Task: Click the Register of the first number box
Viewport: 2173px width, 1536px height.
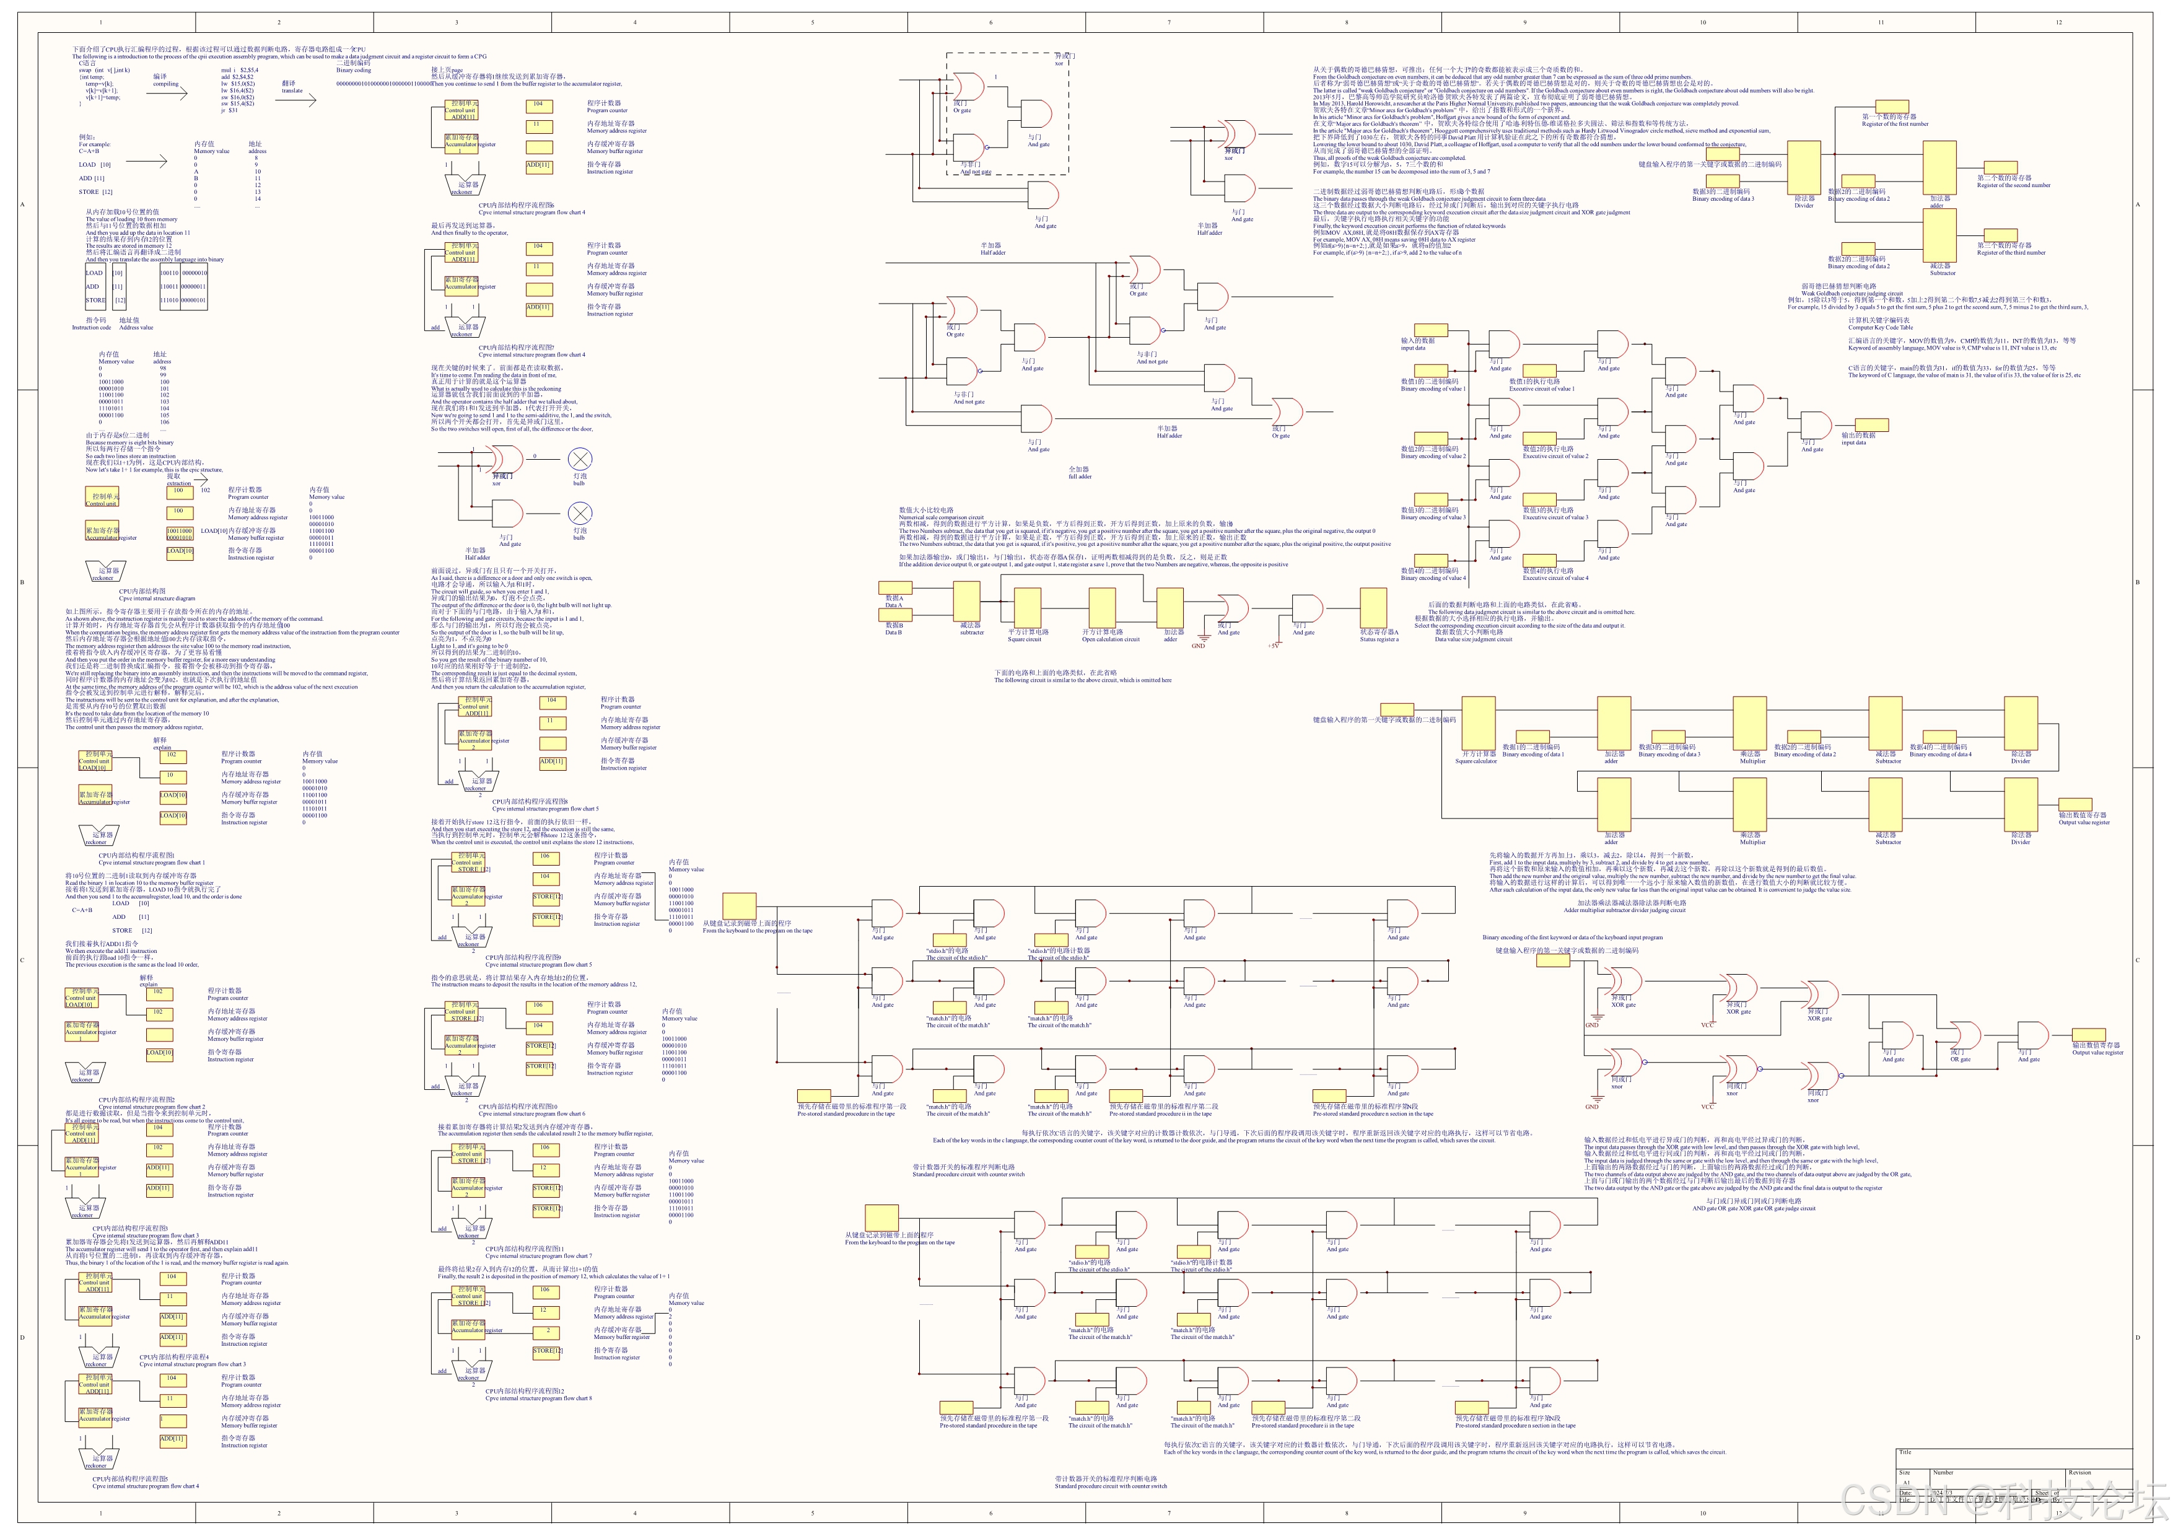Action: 1891,107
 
